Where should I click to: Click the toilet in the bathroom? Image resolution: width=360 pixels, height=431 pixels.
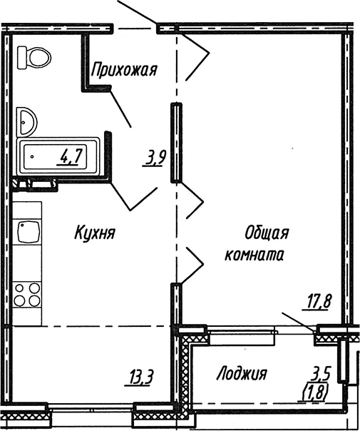click(x=34, y=58)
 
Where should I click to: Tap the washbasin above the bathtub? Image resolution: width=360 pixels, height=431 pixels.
click(x=26, y=122)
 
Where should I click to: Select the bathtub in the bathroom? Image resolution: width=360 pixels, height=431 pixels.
click(x=58, y=156)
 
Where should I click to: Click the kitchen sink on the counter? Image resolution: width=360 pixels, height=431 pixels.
click(x=29, y=232)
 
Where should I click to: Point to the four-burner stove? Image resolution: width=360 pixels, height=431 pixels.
click(x=27, y=295)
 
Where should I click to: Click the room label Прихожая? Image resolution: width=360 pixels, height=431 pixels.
click(x=124, y=69)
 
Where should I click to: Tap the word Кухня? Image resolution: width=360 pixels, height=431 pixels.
click(x=95, y=233)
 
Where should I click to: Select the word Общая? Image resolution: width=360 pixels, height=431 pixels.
click(x=267, y=233)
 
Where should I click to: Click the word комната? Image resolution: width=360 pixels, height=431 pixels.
click(x=254, y=255)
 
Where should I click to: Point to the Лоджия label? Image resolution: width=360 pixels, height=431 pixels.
click(x=242, y=374)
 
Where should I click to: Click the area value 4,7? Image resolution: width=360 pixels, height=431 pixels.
click(x=70, y=157)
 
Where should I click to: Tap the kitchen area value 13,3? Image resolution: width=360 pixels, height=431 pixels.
click(x=139, y=378)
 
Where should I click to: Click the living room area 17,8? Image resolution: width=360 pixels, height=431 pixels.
click(x=317, y=302)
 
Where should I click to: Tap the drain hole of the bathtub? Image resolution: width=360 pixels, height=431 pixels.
click(x=32, y=157)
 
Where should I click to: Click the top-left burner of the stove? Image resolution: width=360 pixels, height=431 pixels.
click(x=19, y=288)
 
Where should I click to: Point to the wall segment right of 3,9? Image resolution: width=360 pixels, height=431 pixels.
click(x=176, y=143)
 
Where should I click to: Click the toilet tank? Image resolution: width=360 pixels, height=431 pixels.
click(x=22, y=58)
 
